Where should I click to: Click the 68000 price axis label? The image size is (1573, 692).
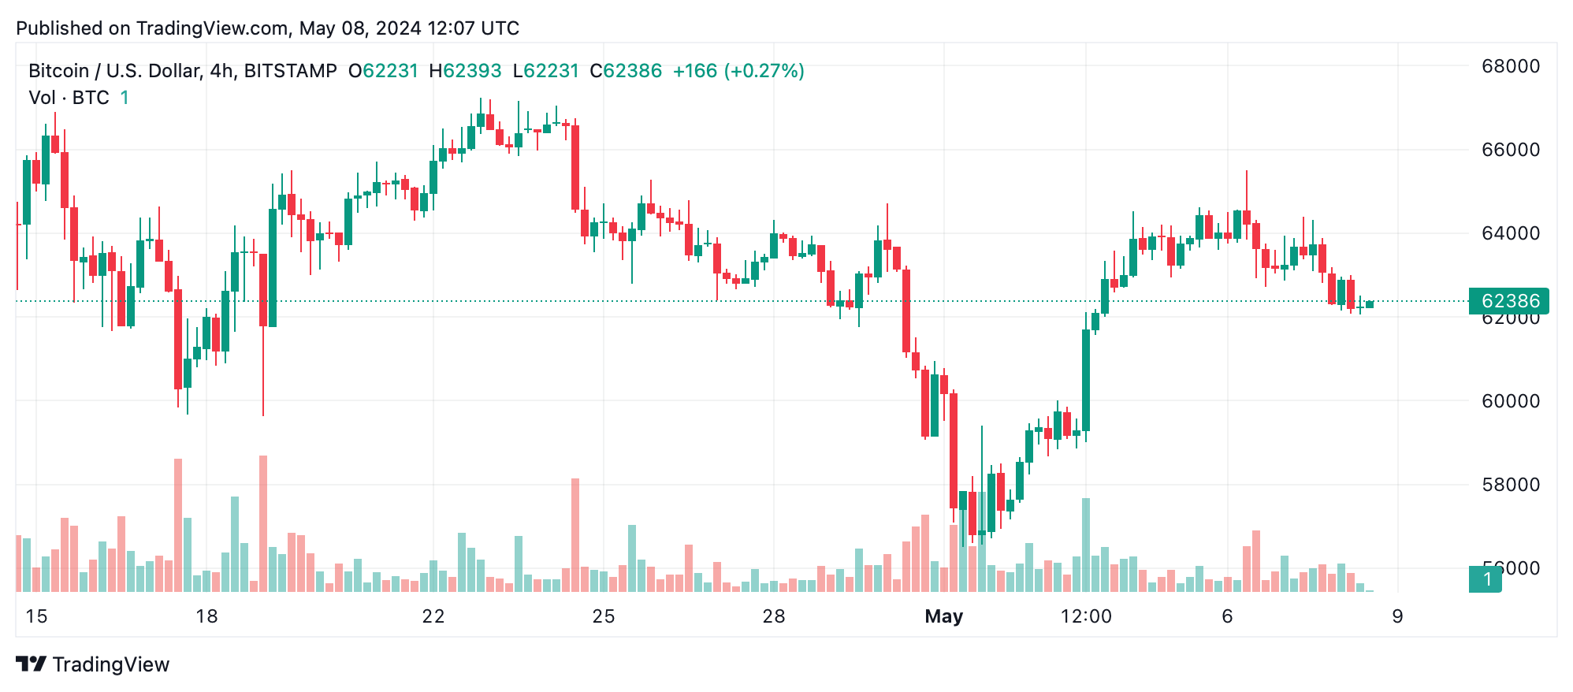(x=1510, y=66)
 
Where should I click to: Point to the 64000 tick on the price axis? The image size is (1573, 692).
(x=1510, y=233)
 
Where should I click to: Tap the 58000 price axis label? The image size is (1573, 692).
(x=1510, y=485)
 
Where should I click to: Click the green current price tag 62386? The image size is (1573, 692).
(x=1508, y=301)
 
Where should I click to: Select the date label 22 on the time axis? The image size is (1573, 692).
(x=433, y=616)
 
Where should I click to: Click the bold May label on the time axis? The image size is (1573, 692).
(x=943, y=616)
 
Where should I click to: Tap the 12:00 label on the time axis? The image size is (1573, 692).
(x=1085, y=616)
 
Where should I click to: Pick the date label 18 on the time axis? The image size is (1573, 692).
(x=206, y=616)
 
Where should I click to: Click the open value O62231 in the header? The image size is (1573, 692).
(x=383, y=71)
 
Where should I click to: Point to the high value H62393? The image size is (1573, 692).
(x=465, y=71)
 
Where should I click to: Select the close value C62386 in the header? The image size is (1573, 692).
(x=626, y=71)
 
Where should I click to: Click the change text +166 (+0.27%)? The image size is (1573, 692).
(x=738, y=71)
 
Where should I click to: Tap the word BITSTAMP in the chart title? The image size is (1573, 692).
(x=290, y=71)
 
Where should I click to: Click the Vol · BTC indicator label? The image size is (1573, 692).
(x=69, y=98)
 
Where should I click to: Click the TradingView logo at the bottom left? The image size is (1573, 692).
(x=92, y=664)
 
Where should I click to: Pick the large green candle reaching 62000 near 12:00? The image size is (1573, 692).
(x=1086, y=380)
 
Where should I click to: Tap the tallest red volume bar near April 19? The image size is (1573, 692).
(x=263, y=523)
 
